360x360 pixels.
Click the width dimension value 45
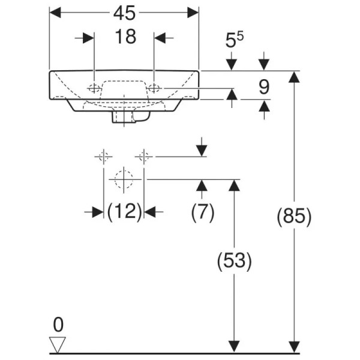tap(124, 13)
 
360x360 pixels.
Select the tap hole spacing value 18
tap(124, 37)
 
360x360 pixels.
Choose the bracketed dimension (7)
tap(202, 212)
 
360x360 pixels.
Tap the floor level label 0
tap(58, 325)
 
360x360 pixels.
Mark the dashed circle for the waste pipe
tap(124, 178)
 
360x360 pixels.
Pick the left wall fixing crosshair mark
tap(103, 157)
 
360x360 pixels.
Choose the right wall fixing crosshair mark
tap(143, 157)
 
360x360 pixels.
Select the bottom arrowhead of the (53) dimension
tap(234, 347)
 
